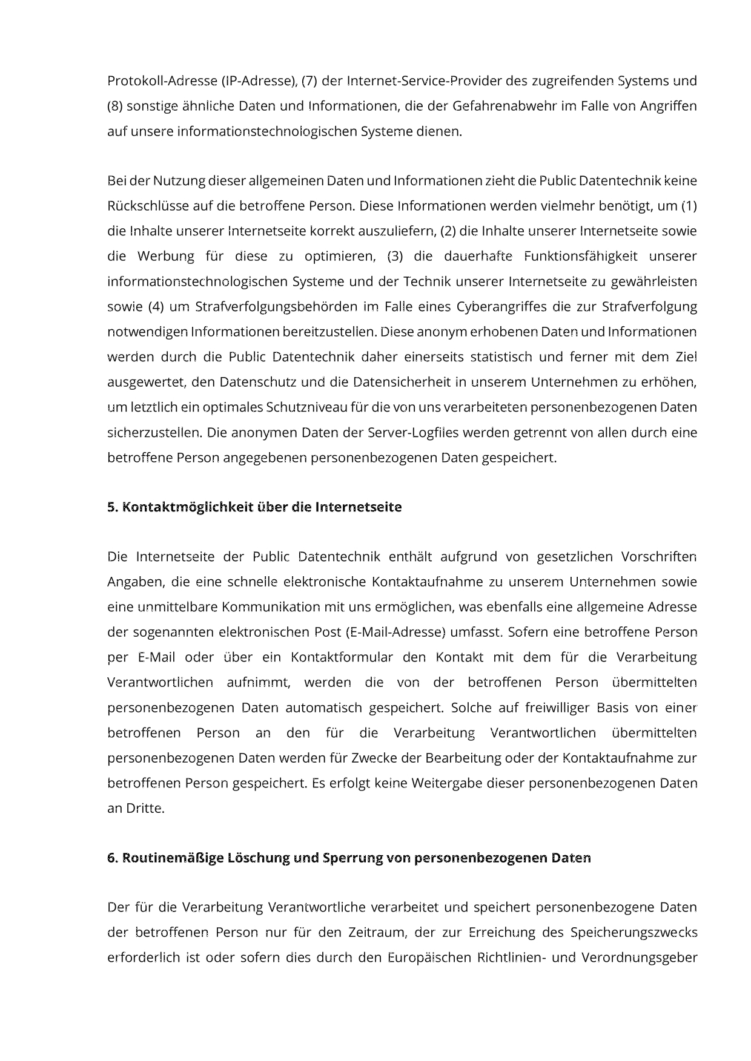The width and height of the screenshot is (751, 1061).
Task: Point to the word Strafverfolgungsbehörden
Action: pyautogui.click(x=276, y=306)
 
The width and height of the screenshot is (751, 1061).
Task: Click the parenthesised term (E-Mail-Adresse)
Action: pyautogui.click(x=395, y=632)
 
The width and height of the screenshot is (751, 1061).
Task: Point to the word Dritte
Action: pyautogui.click(x=145, y=808)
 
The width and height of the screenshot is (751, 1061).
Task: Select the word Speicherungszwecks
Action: pyautogui.click(x=634, y=933)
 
